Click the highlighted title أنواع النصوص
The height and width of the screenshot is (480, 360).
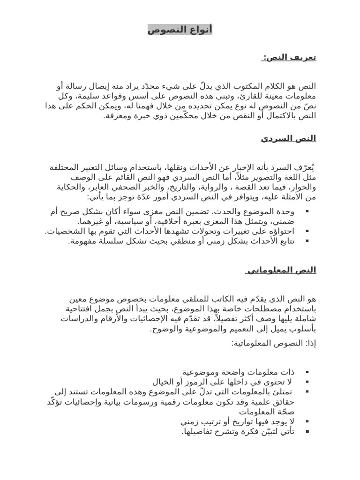(x=180, y=30)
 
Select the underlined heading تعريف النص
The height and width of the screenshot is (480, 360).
(x=290, y=57)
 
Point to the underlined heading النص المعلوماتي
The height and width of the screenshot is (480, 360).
(x=281, y=270)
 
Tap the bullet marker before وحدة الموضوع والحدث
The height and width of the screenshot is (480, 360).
(x=307, y=212)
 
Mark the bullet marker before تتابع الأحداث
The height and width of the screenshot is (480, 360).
(x=307, y=241)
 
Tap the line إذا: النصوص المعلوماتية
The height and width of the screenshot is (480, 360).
(x=274, y=343)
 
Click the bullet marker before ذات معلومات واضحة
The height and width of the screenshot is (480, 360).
(x=307, y=372)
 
